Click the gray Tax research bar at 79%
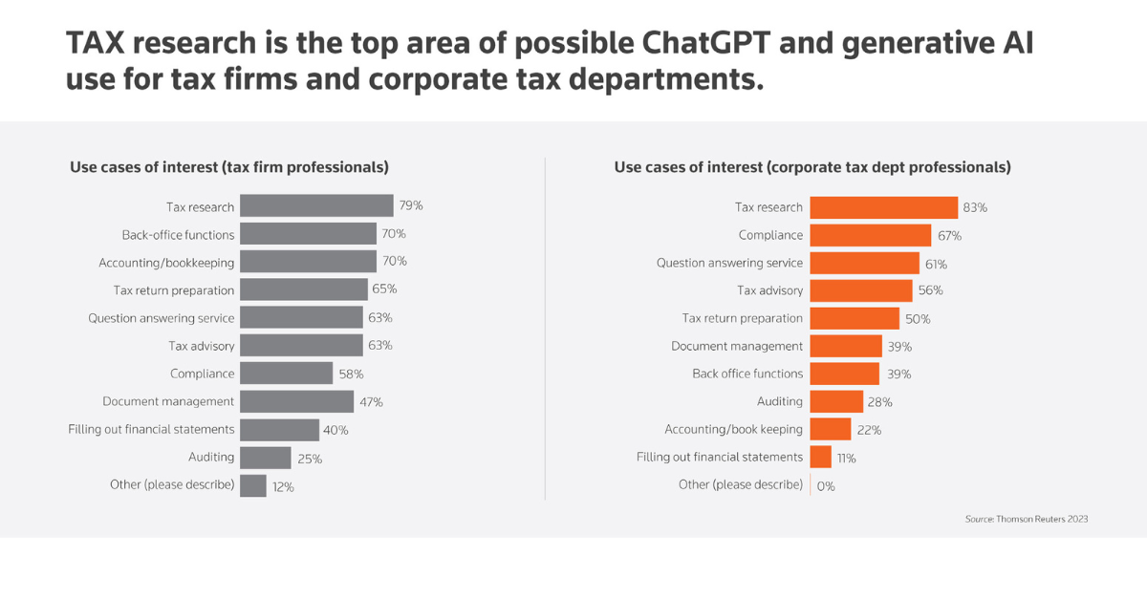pos(316,205)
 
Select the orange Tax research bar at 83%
pos(883,207)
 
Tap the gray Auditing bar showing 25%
pos(265,458)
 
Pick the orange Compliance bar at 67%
pos(870,235)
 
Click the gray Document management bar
pos(296,401)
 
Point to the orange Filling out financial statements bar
pos(820,457)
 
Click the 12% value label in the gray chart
pos(283,486)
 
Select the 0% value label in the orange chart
pos(826,485)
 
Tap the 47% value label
pos(371,402)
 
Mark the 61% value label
pos(936,264)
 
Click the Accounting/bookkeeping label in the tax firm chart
pos(166,262)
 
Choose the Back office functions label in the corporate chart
pos(747,374)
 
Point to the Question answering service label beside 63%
pos(161,318)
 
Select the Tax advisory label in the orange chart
pos(769,290)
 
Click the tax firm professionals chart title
pos(229,167)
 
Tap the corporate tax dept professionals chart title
pos(812,167)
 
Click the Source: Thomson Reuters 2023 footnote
pos(1027,519)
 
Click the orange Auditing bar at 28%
pos(836,401)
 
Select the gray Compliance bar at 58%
pos(286,374)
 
